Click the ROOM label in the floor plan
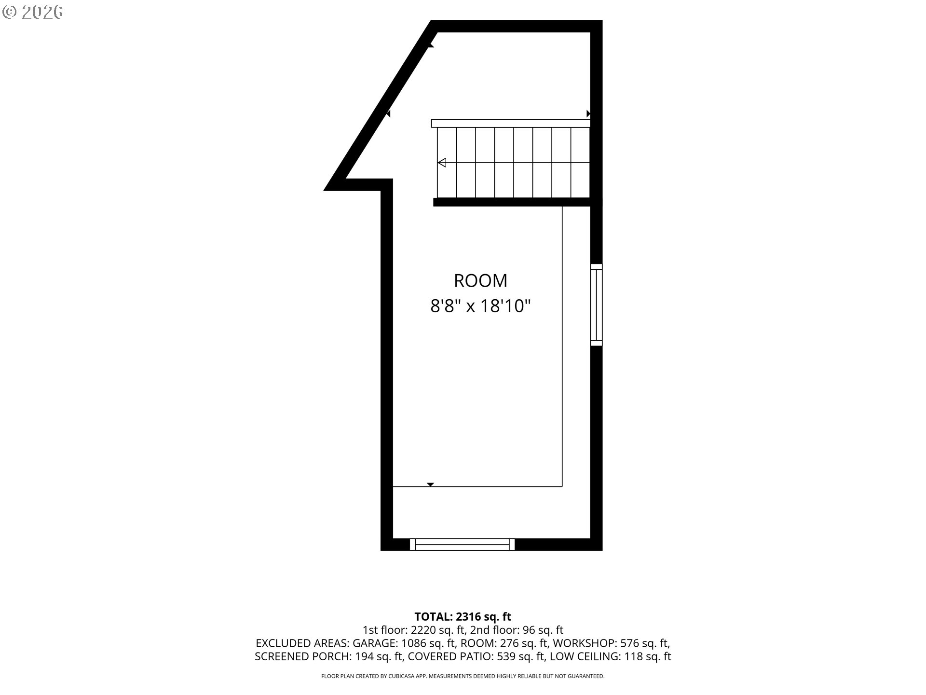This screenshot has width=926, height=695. pos(480,280)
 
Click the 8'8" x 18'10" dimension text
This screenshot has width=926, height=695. pos(480,306)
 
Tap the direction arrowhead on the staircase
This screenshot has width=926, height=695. pos(441,163)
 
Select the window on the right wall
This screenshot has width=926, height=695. pos(597,305)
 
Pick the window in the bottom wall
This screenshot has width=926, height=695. pos(462,544)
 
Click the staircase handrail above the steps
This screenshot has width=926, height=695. pos(511,124)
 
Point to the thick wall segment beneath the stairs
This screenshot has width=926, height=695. pos(512,202)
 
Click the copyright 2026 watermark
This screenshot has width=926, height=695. pos(32,12)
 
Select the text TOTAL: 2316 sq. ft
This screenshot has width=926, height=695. pos(463,617)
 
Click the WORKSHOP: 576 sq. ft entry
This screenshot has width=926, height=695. pos(611,643)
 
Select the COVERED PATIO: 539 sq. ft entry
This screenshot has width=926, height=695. pos(475,656)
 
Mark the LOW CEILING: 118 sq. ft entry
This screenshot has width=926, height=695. pos(610,656)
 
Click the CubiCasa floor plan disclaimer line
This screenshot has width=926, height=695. pos(463,676)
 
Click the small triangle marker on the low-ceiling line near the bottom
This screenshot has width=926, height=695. pos(431,485)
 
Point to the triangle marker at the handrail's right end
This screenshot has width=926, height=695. pos(588,113)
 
